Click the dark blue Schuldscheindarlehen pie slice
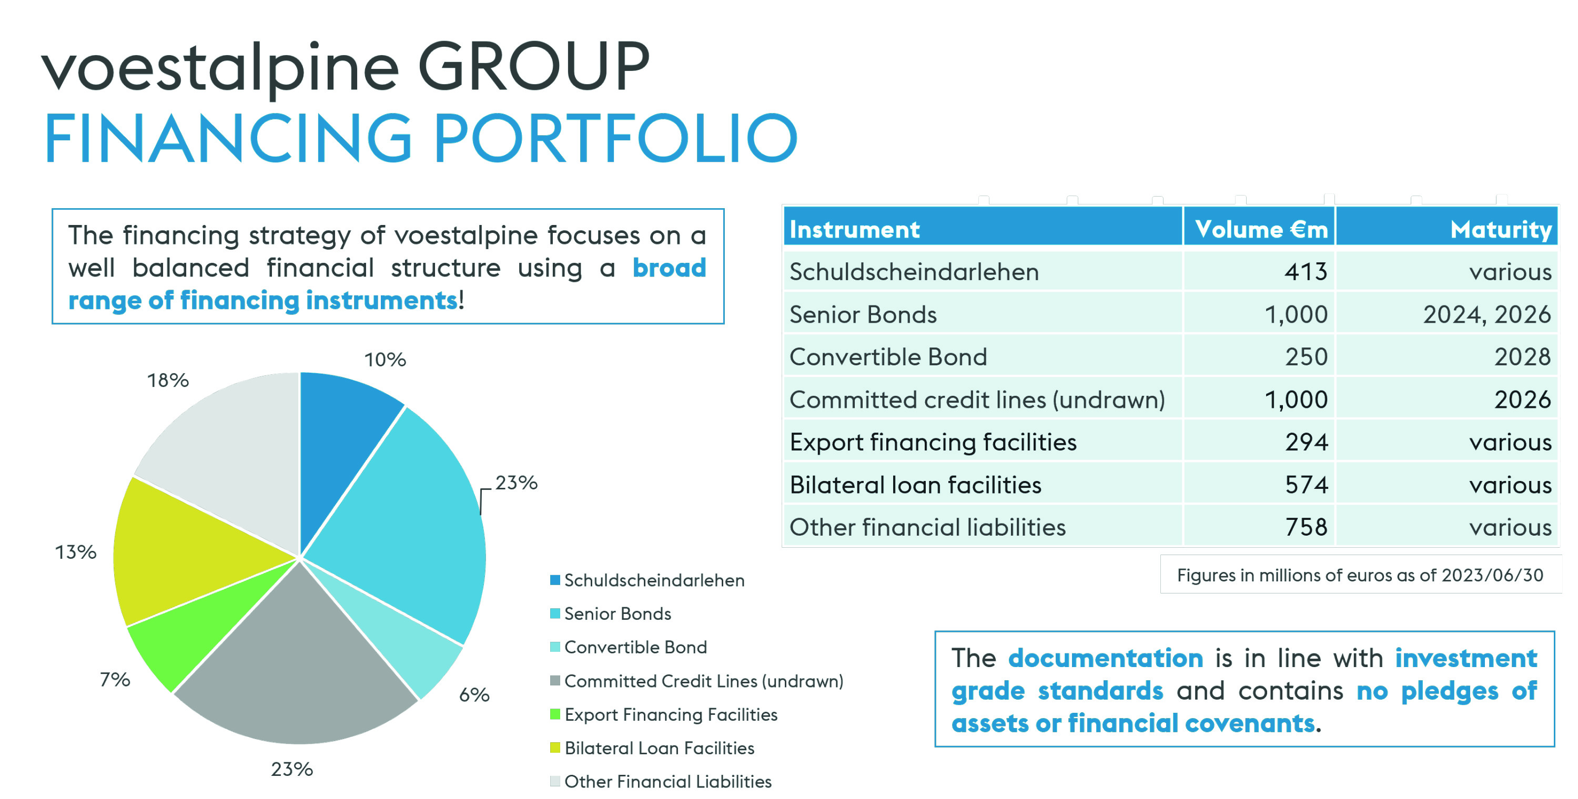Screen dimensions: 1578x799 343,435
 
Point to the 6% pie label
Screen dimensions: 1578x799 474,695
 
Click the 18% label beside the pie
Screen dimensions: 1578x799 168,380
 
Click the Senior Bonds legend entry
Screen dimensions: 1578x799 611,613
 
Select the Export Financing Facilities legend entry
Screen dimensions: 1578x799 664,714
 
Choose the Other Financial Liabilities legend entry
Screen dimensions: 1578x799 661,781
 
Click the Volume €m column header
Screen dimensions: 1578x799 1261,229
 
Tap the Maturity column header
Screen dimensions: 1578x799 1501,230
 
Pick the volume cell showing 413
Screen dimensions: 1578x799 1306,271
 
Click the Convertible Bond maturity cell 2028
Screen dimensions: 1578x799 1522,357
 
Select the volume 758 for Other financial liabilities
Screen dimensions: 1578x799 1306,527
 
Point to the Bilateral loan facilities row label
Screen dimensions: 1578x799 915,485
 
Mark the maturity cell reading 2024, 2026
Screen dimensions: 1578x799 1486,315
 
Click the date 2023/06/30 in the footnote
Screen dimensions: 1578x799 1492,576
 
